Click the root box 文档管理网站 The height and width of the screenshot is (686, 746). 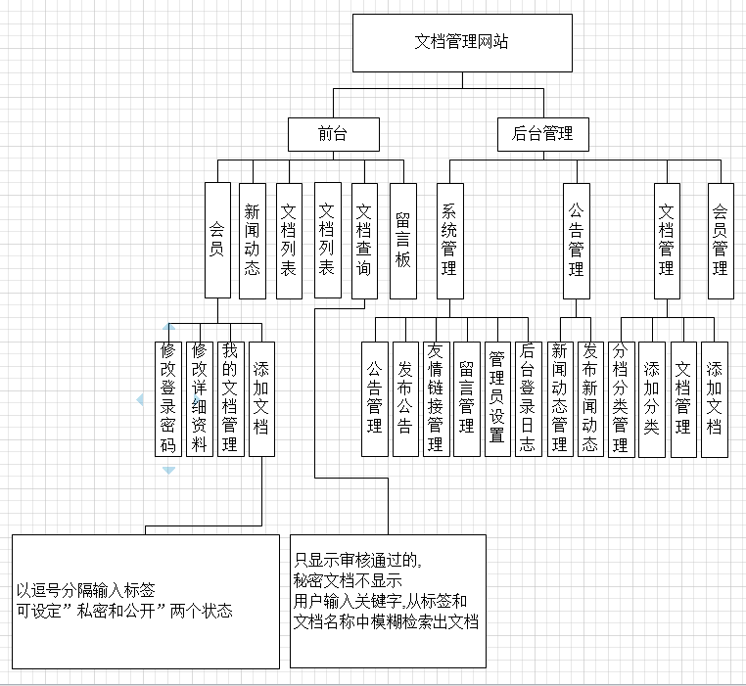(461, 42)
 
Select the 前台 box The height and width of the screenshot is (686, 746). (333, 134)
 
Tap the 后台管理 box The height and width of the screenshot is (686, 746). (542, 134)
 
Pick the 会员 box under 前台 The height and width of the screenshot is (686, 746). (217, 240)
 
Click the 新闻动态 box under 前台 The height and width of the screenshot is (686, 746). (253, 240)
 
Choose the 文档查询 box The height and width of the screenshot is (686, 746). (363, 240)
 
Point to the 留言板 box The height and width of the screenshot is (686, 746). (402, 240)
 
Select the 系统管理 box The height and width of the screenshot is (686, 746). (449, 240)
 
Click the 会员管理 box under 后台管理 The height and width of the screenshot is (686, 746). (721, 240)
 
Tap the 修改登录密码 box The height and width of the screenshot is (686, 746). (168, 397)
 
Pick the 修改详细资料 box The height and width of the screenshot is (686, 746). (200, 397)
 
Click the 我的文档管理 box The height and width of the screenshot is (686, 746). (230, 397)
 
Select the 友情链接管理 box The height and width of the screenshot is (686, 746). (437, 397)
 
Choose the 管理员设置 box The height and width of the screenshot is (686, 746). (497, 397)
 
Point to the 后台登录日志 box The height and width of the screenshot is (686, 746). (528, 397)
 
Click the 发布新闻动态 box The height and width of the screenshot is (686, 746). (589, 397)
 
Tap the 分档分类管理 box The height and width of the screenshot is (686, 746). (620, 397)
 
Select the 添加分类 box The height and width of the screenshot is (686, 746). (652, 397)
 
